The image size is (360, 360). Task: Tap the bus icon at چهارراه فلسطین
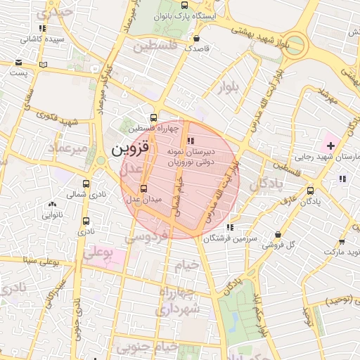click(x=154, y=118)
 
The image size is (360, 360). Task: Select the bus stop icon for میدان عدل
click(x=143, y=188)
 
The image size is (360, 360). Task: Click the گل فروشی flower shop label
click(x=278, y=245)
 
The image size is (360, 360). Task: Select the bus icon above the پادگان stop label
click(x=311, y=190)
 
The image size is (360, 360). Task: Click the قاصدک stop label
click(x=195, y=49)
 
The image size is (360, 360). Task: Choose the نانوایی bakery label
click(x=53, y=215)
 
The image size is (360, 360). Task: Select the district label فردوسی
click(x=148, y=236)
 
